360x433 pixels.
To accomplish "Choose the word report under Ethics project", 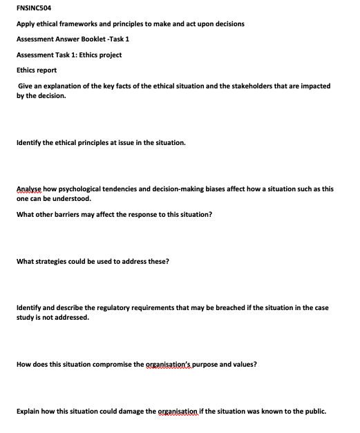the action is pos(46,70).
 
